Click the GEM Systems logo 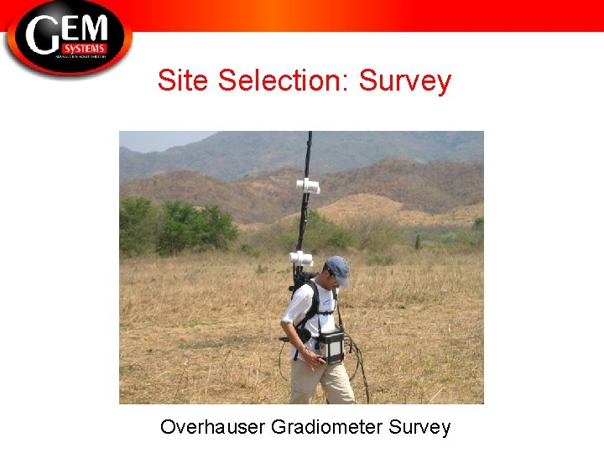coord(69,37)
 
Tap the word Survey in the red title coord(405,81)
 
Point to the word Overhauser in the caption coord(213,427)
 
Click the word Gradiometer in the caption coord(327,427)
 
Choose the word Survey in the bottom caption coord(419,427)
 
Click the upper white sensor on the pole coord(308,185)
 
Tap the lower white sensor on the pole coord(300,258)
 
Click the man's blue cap coord(337,269)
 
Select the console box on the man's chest coord(331,345)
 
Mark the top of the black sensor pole coord(310,135)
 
